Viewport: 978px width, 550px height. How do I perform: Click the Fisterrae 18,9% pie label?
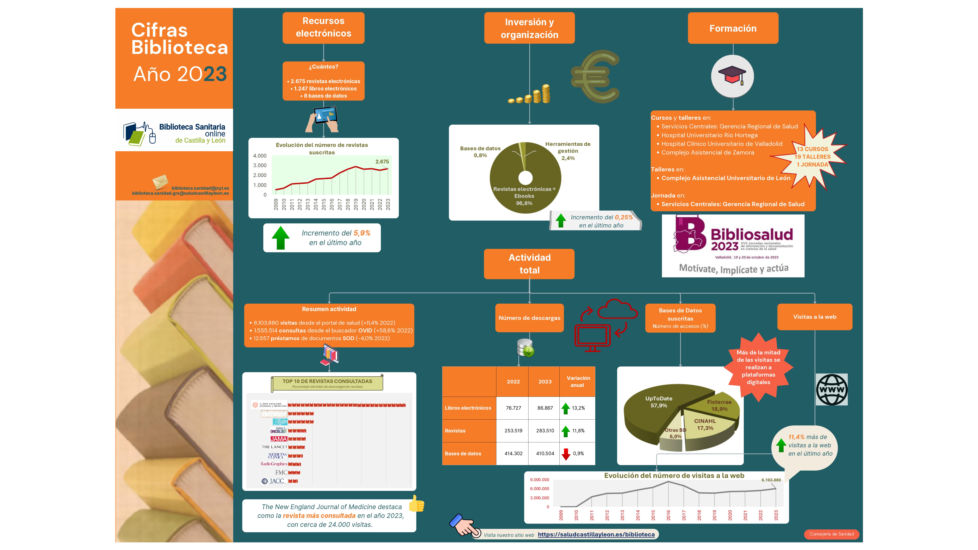[719, 405]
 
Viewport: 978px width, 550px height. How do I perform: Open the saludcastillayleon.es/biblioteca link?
[596, 535]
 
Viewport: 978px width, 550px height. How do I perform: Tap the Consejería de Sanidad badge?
[831, 534]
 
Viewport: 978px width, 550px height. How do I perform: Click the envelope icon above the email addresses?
[160, 181]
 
